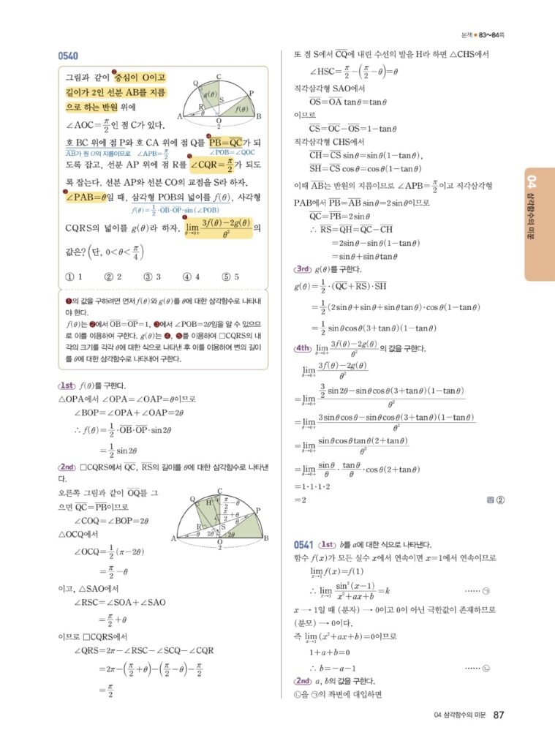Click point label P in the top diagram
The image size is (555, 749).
[251, 92]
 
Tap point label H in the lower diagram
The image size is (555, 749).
[208, 503]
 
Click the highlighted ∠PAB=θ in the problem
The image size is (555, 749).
[93, 198]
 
